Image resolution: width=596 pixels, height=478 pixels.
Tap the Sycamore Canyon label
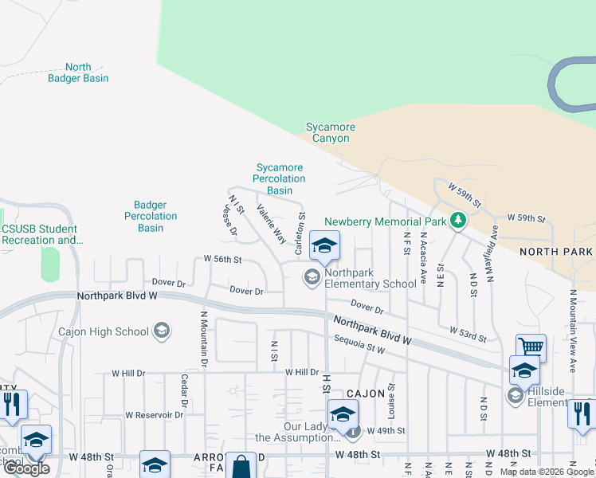pyautogui.click(x=331, y=132)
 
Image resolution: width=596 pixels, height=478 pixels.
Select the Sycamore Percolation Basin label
pyautogui.click(x=280, y=179)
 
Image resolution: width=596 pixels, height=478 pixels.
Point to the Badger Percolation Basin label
pyautogui.click(x=151, y=216)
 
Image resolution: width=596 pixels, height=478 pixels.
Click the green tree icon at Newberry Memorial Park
pyautogui.click(x=458, y=220)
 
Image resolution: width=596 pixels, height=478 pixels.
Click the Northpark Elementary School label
pyautogui.click(x=371, y=278)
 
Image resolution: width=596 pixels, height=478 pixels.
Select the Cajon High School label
pyautogui.click(x=104, y=331)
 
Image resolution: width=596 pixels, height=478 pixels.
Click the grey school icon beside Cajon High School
pyautogui.click(x=162, y=331)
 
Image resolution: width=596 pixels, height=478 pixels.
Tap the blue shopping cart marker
pyautogui.click(x=531, y=347)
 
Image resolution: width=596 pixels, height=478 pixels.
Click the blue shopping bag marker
pyautogui.click(x=241, y=467)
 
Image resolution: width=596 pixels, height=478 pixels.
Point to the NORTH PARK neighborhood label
pyautogui.click(x=555, y=252)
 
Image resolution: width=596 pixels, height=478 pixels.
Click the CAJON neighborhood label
pyautogui.click(x=366, y=394)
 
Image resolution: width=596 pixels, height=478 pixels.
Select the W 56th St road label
pyautogui.click(x=222, y=259)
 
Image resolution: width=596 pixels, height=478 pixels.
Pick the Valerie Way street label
pyautogui.click(x=271, y=224)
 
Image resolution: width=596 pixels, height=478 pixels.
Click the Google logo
pyautogui.click(x=26, y=468)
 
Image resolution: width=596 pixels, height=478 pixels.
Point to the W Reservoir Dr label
pyautogui.click(x=145, y=414)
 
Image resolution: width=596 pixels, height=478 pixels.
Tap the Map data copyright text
pyautogui.click(x=546, y=472)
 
